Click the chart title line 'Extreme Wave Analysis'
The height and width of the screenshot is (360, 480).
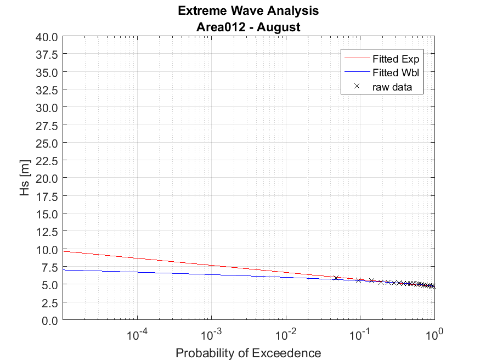pos(248,11)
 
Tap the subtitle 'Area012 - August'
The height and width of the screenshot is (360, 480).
pos(248,26)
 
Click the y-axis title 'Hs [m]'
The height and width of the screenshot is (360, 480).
pos(25,178)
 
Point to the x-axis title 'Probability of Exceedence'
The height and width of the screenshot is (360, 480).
pos(248,353)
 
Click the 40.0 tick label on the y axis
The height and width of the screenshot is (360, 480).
pos(47,37)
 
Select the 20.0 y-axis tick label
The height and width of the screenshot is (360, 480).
pos(47,178)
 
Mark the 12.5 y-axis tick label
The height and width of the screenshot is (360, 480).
pos(47,232)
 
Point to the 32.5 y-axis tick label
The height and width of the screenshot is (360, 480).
pos(47,90)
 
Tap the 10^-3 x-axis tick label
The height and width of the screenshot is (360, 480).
pos(211,334)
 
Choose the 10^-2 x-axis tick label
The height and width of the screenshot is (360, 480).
pos(285,334)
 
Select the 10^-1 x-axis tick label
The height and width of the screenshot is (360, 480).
pos(360,334)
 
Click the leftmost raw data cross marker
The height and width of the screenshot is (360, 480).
pos(336,278)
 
